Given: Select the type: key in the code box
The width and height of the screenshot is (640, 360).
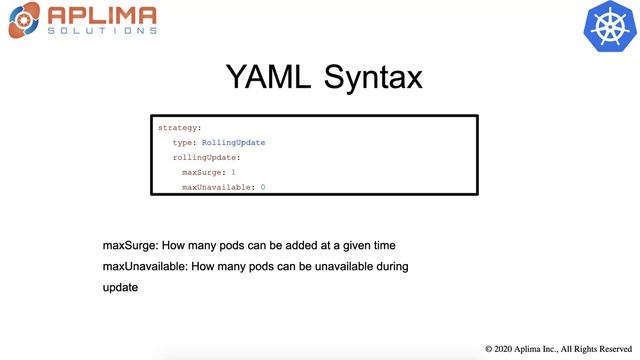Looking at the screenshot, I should [184, 143].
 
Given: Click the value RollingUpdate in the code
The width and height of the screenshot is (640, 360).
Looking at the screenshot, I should [233, 143].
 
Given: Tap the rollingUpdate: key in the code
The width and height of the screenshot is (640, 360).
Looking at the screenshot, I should [207, 158].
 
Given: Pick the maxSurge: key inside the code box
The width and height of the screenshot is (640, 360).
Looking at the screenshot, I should [204, 172].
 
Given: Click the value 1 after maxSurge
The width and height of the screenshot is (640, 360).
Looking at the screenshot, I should [234, 172].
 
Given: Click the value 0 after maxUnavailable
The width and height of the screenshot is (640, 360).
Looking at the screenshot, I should [262, 187].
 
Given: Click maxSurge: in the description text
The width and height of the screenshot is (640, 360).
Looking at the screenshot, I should [131, 245].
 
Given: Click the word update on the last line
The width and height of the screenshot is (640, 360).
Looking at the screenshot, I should [120, 287].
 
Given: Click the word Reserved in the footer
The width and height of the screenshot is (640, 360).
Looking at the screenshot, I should [611, 349].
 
